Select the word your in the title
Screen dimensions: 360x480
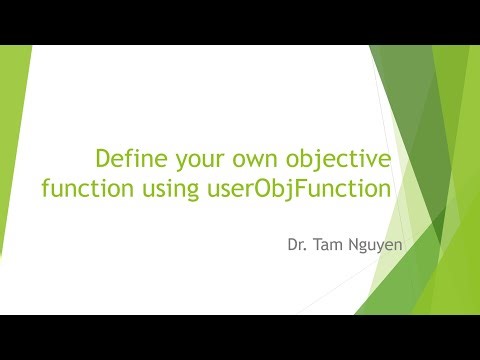(192, 160)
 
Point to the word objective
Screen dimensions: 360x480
(330, 160)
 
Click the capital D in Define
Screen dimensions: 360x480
(102, 158)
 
